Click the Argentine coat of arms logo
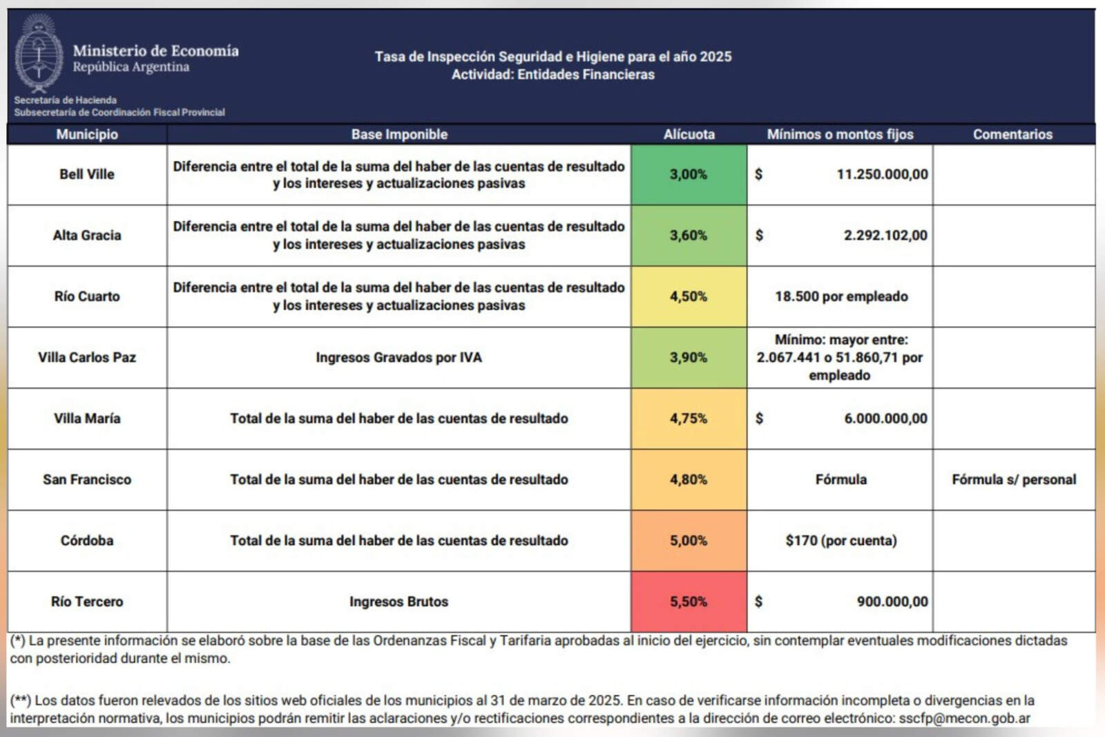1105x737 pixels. click(39, 54)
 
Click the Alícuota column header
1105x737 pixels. click(689, 135)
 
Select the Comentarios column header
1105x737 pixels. click(1012, 135)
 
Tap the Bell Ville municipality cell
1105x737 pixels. click(87, 175)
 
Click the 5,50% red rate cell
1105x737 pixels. click(689, 602)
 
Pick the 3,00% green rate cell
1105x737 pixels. click(689, 175)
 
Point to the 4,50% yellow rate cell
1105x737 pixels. click(689, 296)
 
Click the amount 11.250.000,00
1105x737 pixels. click(882, 175)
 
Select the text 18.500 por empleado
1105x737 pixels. click(840, 296)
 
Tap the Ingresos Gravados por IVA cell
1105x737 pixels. click(398, 358)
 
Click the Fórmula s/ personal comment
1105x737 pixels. click(1013, 479)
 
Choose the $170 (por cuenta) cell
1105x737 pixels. click(840, 540)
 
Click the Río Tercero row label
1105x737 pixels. click(87, 602)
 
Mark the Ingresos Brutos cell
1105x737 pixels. click(398, 602)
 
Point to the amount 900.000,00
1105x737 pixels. click(892, 602)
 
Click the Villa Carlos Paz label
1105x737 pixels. click(87, 358)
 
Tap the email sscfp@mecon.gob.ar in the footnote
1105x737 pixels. click(964, 718)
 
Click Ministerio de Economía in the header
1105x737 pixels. click(155, 50)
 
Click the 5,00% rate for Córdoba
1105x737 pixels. click(689, 540)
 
